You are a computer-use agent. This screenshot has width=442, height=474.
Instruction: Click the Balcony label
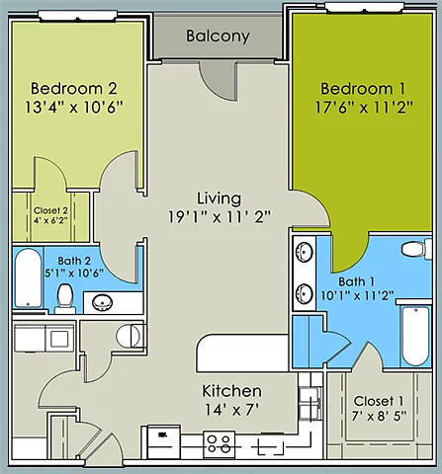(218, 37)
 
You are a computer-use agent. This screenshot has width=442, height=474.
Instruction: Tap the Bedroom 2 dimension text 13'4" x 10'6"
(74, 108)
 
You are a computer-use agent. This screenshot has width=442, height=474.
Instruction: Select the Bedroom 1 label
(363, 89)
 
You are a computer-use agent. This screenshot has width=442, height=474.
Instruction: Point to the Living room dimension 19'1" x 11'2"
(220, 217)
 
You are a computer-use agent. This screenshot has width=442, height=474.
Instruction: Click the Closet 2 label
(50, 210)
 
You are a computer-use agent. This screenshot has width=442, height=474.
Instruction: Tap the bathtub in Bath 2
(29, 278)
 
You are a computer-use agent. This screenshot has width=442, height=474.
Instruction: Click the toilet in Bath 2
(65, 298)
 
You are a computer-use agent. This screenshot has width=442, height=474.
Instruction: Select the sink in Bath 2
(102, 302)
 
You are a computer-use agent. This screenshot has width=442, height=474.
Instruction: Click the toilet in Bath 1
(416, 249)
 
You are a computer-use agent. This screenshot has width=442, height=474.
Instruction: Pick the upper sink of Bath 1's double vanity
(305, 253)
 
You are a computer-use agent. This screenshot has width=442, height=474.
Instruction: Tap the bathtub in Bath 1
(415, 336)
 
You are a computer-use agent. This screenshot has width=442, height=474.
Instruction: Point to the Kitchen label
(231, 391)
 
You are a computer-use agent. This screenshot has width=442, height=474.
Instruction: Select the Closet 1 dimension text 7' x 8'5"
(379, 417)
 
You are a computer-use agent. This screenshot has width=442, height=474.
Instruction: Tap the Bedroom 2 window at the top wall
(78, 16)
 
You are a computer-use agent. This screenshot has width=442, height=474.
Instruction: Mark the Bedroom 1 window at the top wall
(364, 8)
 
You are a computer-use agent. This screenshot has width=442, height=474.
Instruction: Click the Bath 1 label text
(357, 281)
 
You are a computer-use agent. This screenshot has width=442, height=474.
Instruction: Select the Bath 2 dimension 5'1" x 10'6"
(74, 273)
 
